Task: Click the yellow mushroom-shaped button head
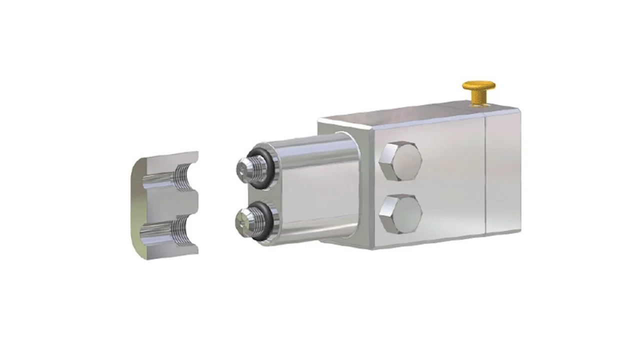478,86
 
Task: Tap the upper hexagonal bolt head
400,161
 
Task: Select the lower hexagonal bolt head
400,213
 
